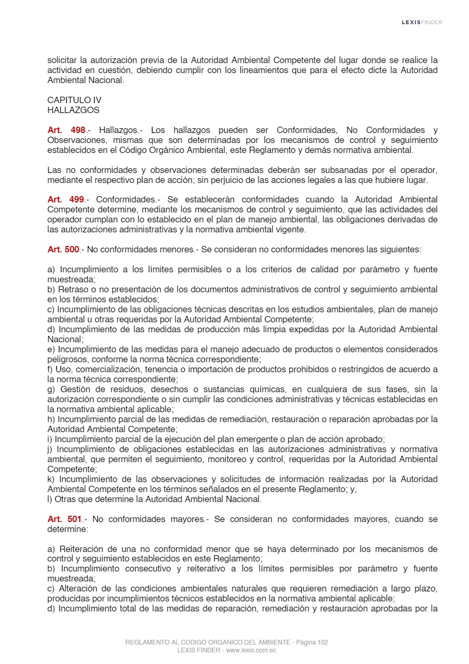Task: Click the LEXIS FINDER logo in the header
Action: pyautogui.click(x=422, y=22)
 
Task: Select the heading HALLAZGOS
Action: pyautogui.click(x=73, y=110)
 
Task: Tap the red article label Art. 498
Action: pyautogui.click(x=66, y=130)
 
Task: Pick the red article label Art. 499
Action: pyautogui.click(x=66, y=200)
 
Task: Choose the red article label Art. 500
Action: pyautogui.click(x=63, y=250)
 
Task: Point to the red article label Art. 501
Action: pyautogui.click(x=65, y=519)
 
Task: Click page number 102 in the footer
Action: pyautogui.click(x=323, y=642)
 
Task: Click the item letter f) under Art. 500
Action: pyautogui.click(x=50, y=370)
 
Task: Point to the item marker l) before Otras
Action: pyautogui.click(x=49, y=499)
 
